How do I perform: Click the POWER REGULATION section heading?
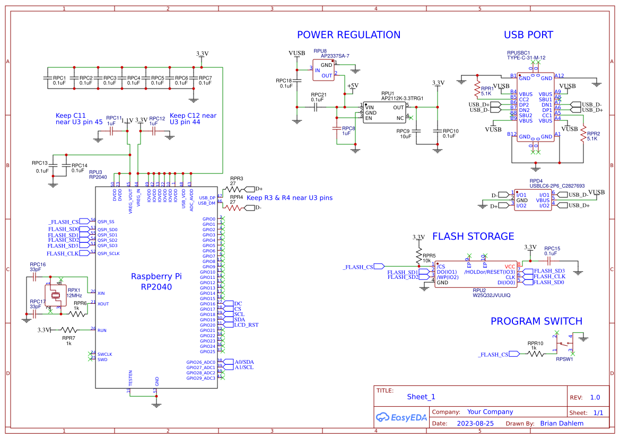(348, 35)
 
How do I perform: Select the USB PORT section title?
(528, 35)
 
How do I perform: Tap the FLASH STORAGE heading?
(473, 236)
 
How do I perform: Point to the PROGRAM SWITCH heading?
(536, 321)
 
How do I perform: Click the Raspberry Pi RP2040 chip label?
(156, 282)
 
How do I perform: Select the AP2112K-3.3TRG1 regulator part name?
(402, 98)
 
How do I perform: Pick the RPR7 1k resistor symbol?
(68, 330)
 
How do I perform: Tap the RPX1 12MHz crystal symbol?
(55, 294)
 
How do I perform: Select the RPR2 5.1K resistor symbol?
(583, 135)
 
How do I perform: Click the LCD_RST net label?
(246, 324)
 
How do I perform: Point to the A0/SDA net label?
(244, 362)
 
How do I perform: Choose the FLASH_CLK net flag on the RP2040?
(64, 253)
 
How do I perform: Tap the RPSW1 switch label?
(564, 359)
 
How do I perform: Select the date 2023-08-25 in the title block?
(475, 423)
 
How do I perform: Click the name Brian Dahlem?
(561, 423)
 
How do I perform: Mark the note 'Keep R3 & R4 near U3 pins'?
(290, 198)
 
